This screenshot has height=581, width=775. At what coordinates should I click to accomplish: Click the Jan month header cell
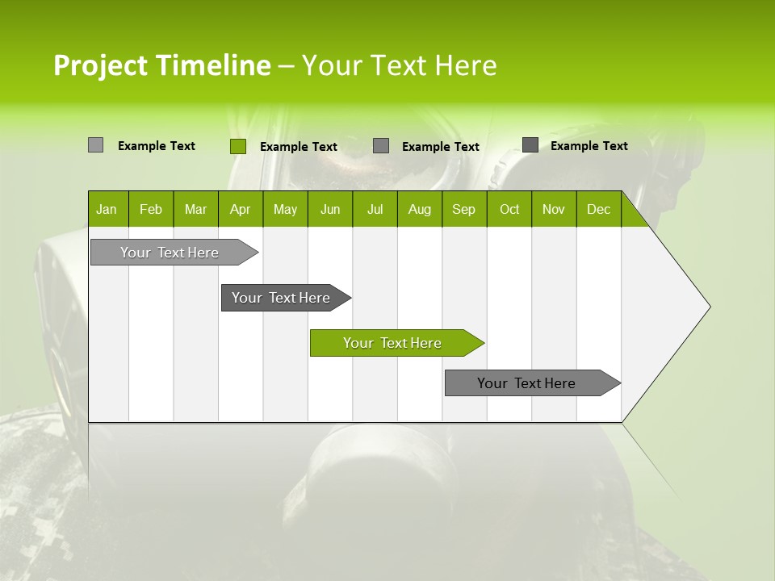pyautogui.click(x=107, y=209)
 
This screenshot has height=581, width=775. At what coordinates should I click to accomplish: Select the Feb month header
pyautogui.click(x=151, y=209)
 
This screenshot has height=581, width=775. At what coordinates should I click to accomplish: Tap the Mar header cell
pyautogui.click(x=195, y=209)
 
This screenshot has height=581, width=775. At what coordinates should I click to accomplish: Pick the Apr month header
pyautogui.click(x=241, y=209)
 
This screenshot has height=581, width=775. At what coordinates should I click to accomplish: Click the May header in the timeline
pyautogui.click(x=285, y=209)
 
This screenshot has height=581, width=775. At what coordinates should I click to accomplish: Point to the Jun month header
pyautogui.click(x=330, y=209)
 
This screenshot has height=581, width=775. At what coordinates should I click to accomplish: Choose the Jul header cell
pyautogui.click(x=375, y=209)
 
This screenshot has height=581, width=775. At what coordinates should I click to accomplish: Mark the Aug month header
pyautogui.click(x=420, y=209)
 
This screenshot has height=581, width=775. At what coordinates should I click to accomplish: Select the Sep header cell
pyautogui.click(x=464, y=209)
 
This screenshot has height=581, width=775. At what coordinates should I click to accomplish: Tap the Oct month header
pyautogui.click(x=509, y=209)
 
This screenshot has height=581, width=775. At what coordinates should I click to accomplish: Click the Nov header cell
pyautogui.click(x=554, y=209)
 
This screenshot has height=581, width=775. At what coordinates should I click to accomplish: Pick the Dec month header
pyautogui.click(x=599, y=209)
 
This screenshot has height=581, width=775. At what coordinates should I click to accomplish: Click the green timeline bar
pyautogui.click(x=392, y=343)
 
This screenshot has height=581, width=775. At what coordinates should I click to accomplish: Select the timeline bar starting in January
pyautogui.click(x=170, y=253)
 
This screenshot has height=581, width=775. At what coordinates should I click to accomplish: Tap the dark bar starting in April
pyautogui.click(x=281, y=298)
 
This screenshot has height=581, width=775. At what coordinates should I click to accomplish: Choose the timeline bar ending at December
pyautogui.click(x=526, y=383)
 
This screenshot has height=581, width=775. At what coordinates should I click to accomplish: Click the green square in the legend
pyautogui.click(x=237, y=146)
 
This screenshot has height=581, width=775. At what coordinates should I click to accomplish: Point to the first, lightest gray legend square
pyautogui.click(x=95, y=145)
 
